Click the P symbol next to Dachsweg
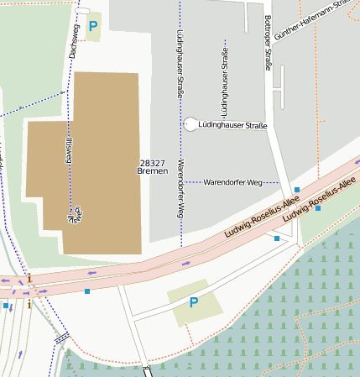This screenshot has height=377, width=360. pyautogui.click(x=93, y=26)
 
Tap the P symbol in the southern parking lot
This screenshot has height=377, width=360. pyautogui.click(x=194, y=302)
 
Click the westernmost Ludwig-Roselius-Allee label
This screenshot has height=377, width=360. pyautogui.click(x=262, y=217)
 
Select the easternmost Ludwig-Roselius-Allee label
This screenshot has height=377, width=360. pyautogui.click(x=320, y=200)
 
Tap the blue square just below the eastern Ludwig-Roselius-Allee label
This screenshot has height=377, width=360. pyautogui.click(x=318, y=208)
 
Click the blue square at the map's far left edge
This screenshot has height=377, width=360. pyautogui.click(x=5, y=306)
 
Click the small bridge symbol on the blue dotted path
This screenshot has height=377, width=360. pyautogui.click(x=62, y=338)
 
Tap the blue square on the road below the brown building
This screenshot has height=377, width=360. pyautogui.click(x=87, y=291)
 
